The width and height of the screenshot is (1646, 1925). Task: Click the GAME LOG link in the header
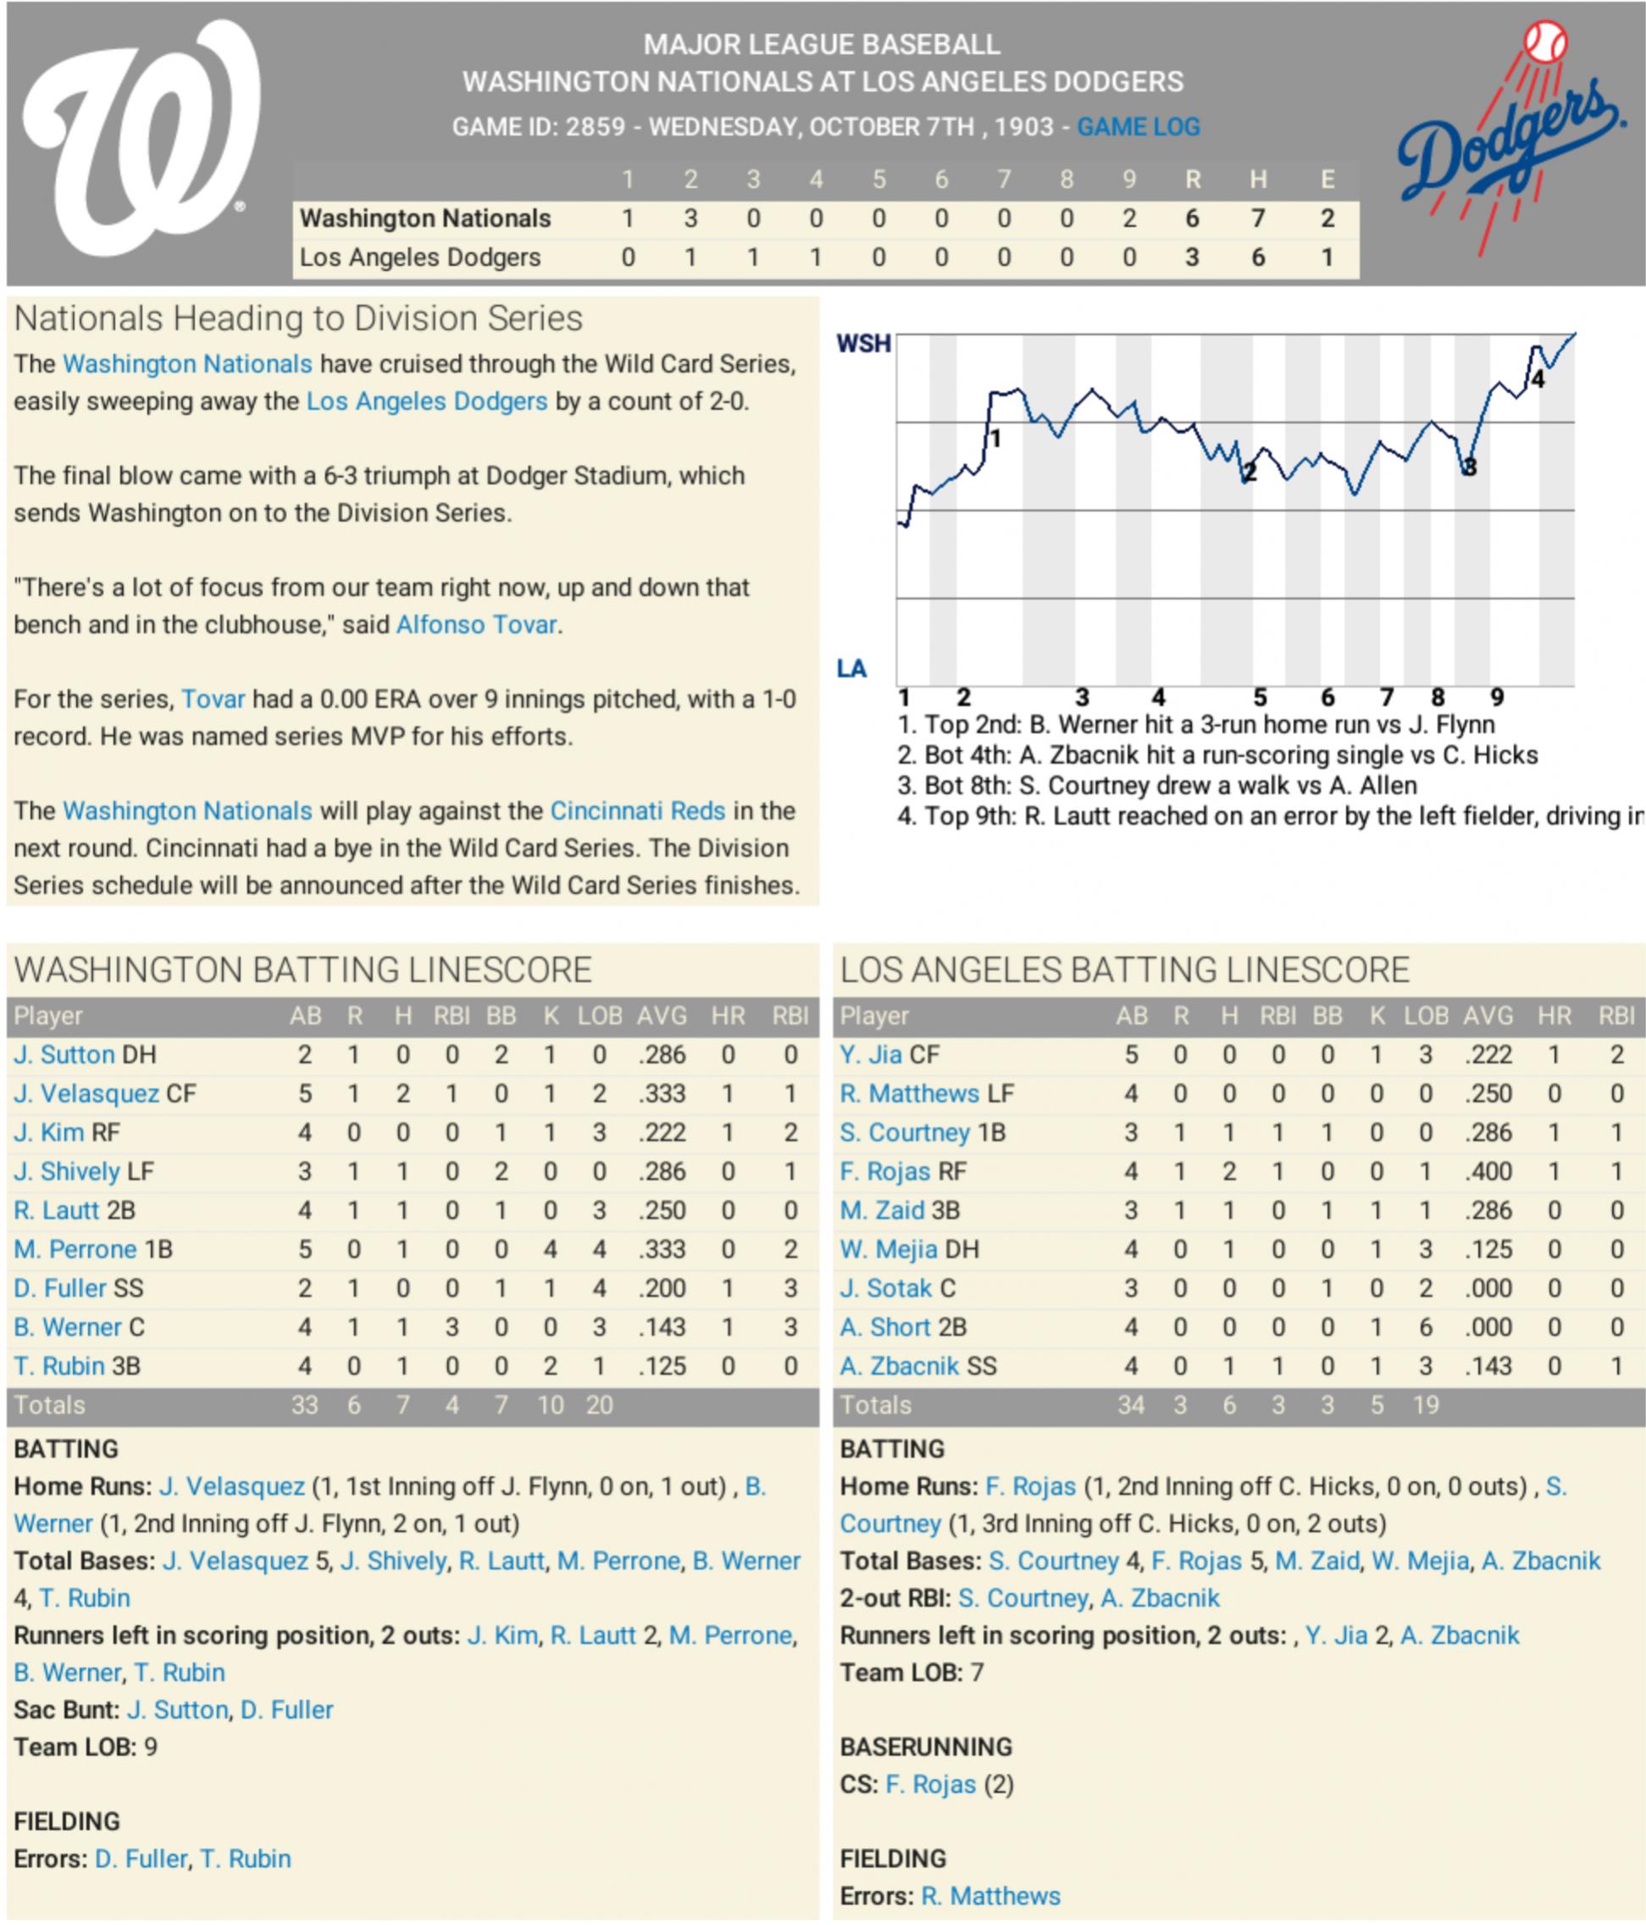[x=1138, y=126]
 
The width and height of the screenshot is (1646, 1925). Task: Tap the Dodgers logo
[x=1512, y=140]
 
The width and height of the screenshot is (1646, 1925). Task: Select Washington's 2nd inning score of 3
[x=690, y=218]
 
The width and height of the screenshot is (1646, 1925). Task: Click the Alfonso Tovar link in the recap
[x=476, y=624]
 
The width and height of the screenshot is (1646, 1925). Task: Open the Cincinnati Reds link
[x=637, y=810]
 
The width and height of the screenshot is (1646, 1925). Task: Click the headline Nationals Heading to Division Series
[x=298, y=318]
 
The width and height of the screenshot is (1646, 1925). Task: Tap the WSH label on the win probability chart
[x=862, y=344]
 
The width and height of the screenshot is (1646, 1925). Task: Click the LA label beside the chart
[x=851, y=668]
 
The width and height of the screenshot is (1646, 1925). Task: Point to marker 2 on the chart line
[x=1250, y=473]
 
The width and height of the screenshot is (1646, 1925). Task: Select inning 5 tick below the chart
[x=1260, y=697]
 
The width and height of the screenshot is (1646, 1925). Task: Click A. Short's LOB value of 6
[x=1425, y=1328]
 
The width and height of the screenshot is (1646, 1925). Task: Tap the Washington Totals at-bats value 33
[x=304, y=1405]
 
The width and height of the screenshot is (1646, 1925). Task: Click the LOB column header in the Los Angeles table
[x=1425, y=1015]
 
